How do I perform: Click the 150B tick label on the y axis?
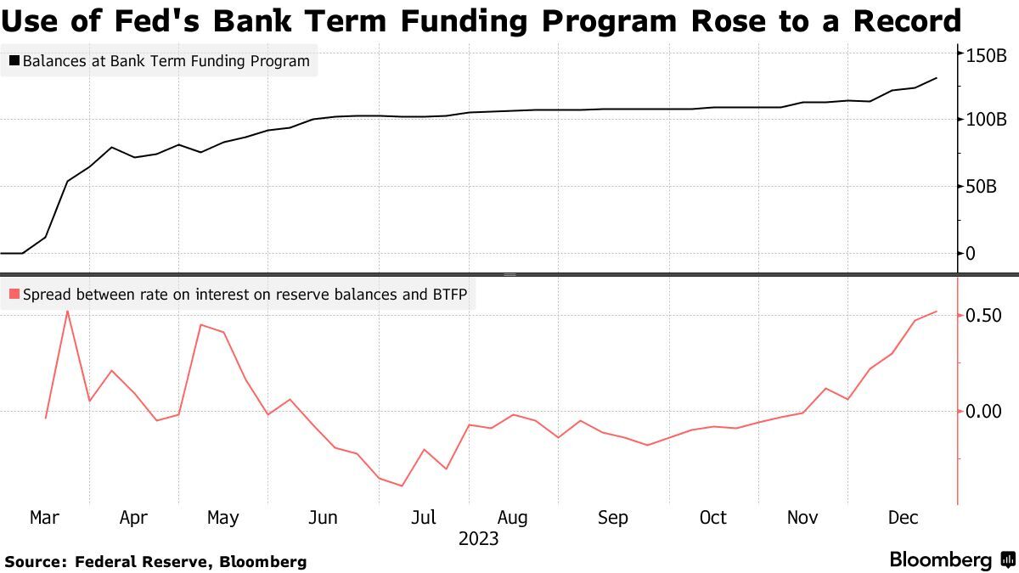(986, 55)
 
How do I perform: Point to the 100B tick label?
(986, 119)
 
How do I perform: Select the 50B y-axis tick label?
(981, 186)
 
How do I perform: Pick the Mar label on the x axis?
(44, 518)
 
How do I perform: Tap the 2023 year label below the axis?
(478, 539)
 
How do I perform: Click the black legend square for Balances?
(14, 61)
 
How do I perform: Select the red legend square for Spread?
(14, 295)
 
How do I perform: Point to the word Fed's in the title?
(125, 20)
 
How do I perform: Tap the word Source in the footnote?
(35, 562)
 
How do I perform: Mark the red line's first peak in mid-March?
(67, 311)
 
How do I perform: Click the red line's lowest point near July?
(402, 486)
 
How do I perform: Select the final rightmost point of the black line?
(937, 78)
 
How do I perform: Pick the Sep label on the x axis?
(612, 518)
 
